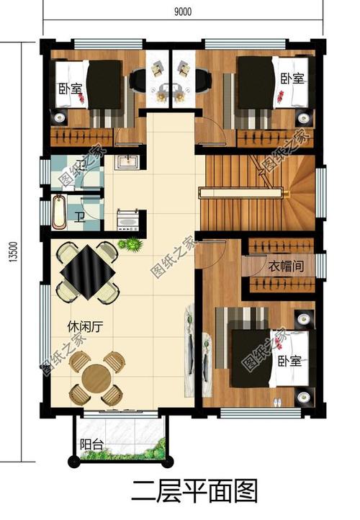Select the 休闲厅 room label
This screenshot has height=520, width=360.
(x=87, y=326)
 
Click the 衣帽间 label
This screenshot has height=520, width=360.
(x=285, y=266)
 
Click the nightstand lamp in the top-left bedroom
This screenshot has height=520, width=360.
(x=59, y=115)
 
